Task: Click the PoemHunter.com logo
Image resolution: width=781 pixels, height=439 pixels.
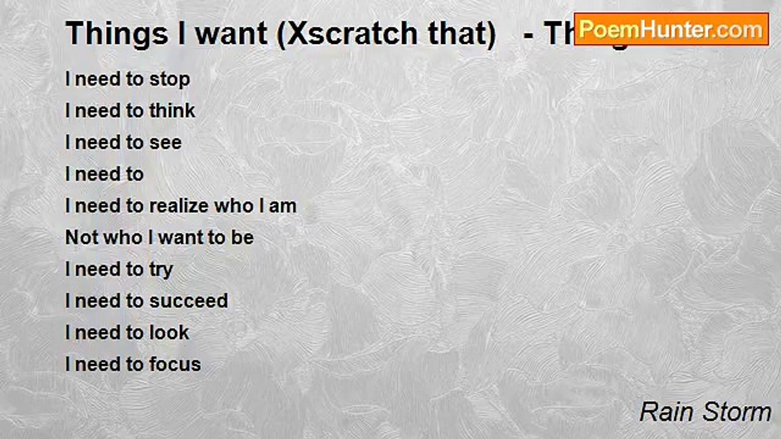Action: [x=671, y=29]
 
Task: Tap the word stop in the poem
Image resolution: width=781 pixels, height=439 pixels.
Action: [x=169, y=80]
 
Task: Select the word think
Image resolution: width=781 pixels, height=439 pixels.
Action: [x=172, y=111]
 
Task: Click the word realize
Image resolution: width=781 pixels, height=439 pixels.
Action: [x=179, y=206]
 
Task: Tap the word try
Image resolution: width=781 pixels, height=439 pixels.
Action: [x=161, y=270]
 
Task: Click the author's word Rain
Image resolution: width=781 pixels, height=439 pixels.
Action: [x=666, y=412]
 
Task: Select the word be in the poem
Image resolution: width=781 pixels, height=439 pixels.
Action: [x=242, y=238]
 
